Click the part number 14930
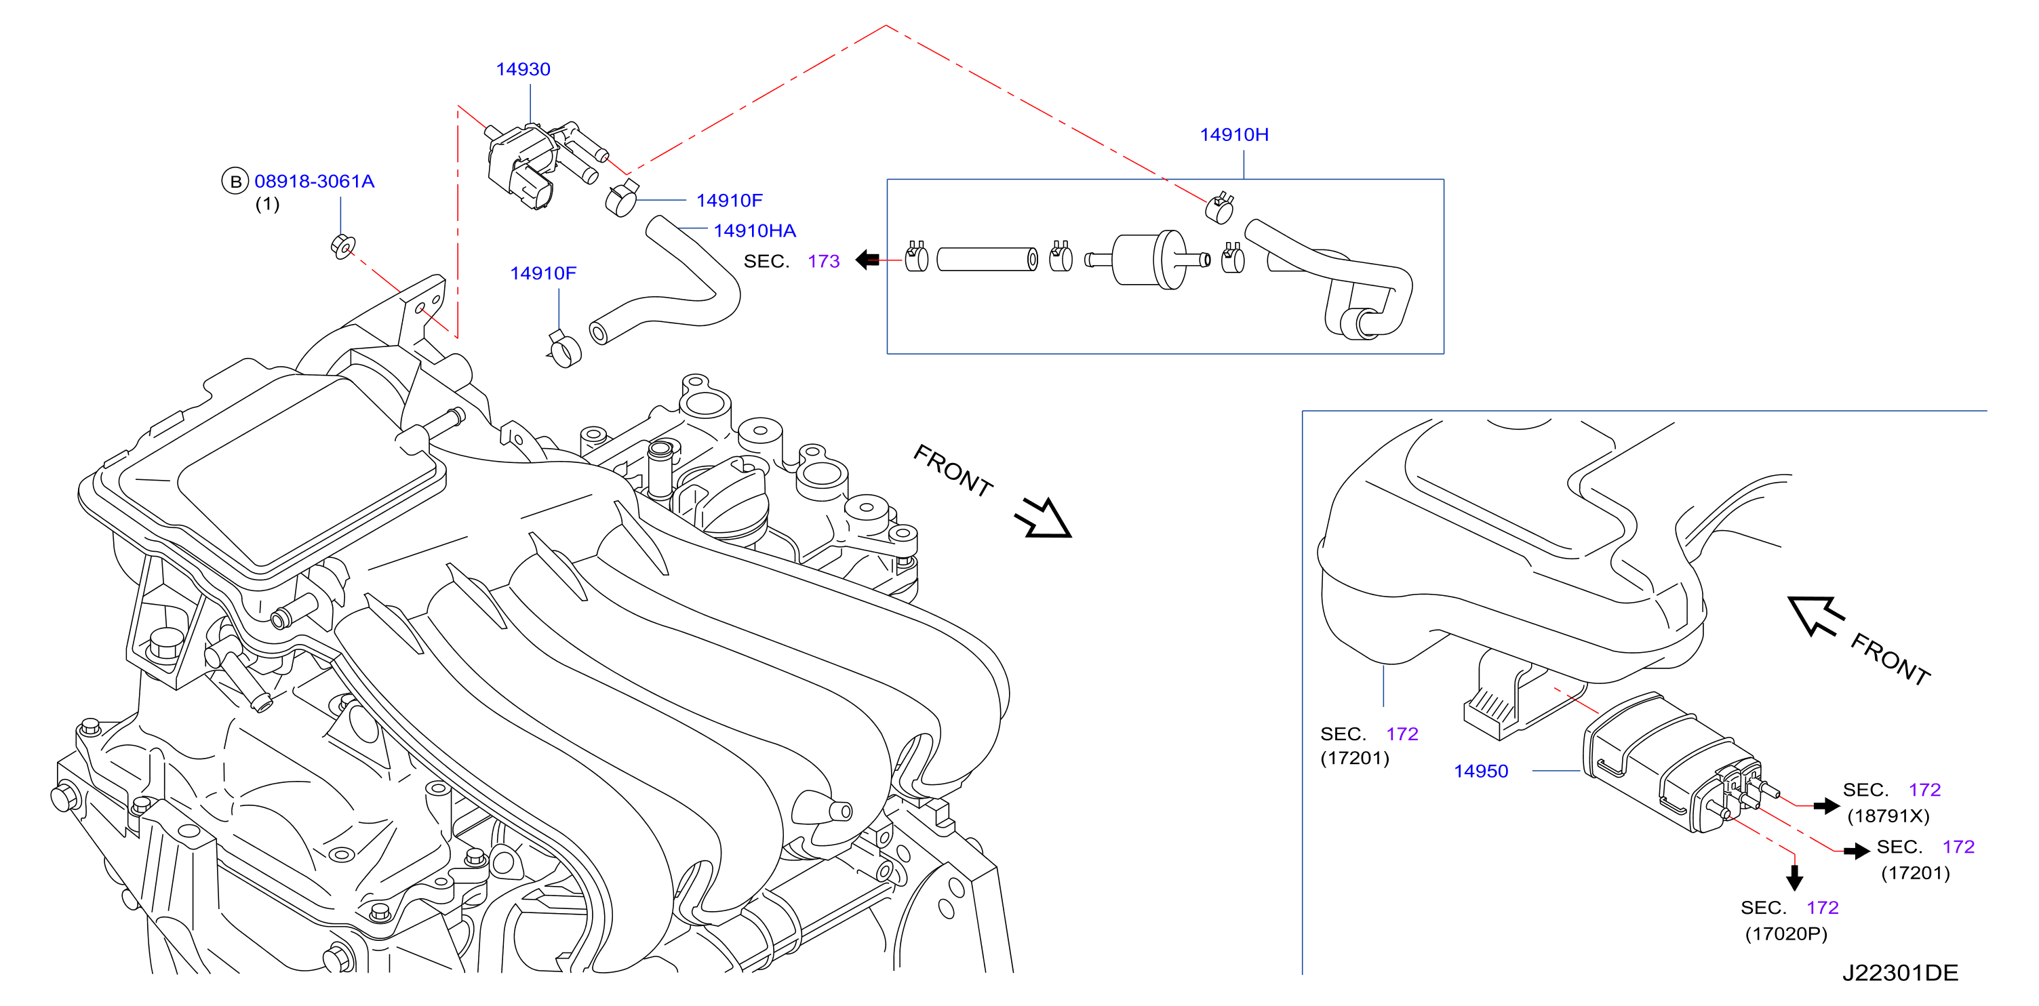point(523,70)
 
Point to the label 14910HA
point(754,231)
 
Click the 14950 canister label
point(1481,771)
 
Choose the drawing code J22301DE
point(1900,973)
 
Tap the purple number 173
point(823,262)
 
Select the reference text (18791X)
point(1888,816)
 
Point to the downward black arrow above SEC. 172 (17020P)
point(1794,877)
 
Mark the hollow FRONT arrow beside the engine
point(1045,519)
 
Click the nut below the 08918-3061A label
point(342,246)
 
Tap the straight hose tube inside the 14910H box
point(987,260)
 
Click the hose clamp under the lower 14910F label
point(564,349)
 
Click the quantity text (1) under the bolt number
point(268,205)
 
